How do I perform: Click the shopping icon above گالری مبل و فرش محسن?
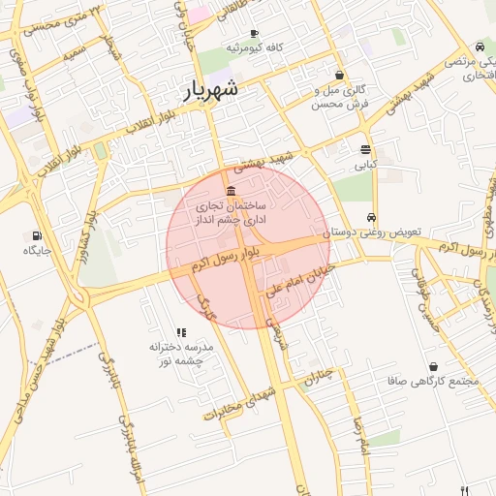[x=339, y=76]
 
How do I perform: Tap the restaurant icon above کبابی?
[x=365, y=150]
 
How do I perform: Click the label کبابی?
[x=365, y=165]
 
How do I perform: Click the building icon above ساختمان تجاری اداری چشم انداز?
[x=231, y=191]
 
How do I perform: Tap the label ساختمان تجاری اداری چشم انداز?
[x=232, y=214]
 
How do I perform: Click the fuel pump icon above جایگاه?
[x=37, y=235]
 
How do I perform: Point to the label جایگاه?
[x=37, y=251]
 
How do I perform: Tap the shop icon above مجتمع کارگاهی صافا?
[x=432, y=367]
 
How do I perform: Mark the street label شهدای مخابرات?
[x=240, y=400]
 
